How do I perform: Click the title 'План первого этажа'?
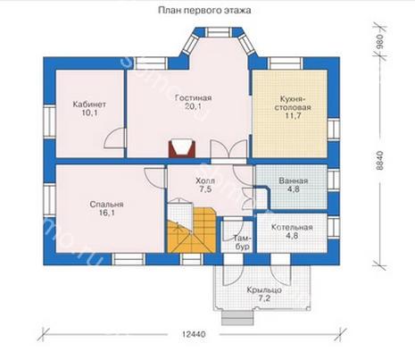pyautogui.click(x=204, y=11)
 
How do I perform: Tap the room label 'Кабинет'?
pyautogui.click(x=89, y=105)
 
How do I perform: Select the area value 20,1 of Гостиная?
pyautogui.click(x=193, y=106)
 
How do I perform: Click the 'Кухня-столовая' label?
pyautogui.click(x=293, y=103)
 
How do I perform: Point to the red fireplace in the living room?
pyautogui.click(x=182, y=148)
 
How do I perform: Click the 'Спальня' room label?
pyautogui.click(x=106, y=205)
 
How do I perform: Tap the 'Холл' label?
pyautogui.click(x=205, y=180)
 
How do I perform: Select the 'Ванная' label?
pyautogui.click(x=294, y=180)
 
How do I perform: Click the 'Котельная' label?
pyautogui.click(x=292, y=228)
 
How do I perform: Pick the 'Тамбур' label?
pyautogui.click(x=242, y=242)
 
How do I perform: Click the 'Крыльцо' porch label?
pyautogui.click(x=264, y=289)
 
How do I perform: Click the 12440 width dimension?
pyautogui.click(x=194, y=334)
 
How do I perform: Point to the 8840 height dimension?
pyautogui.click(x=380, y=161)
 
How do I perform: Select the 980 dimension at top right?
pyautogui.click(x=380, y=41)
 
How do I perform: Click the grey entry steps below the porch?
pyautogui.click(x=237, y=318)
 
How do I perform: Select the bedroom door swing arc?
pyautogui.click(x=154, y=178)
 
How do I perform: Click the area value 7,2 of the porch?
pyautogui.click(x=264, y=298)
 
